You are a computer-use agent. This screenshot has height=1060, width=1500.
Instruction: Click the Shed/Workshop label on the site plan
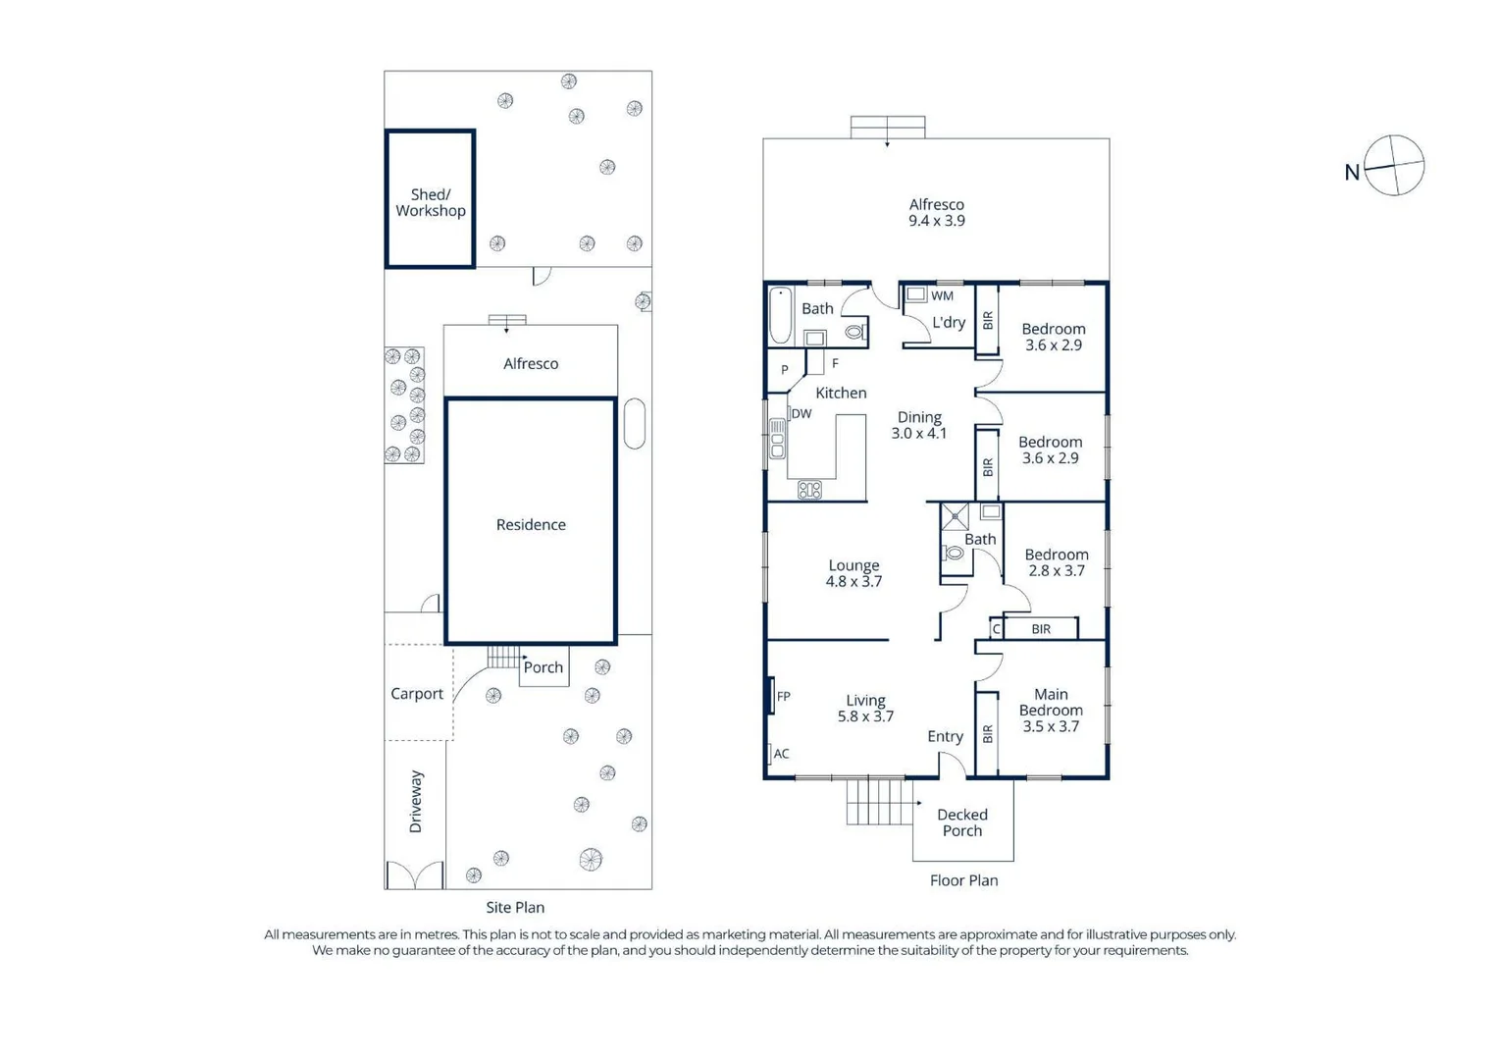pyautogui.click(x=430, y=203)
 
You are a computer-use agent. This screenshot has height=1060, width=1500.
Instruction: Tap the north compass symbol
pyautogui.click(x=1393, y=166)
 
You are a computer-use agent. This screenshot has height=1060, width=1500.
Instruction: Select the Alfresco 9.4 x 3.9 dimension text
pyautogui.click(x=936, y=221)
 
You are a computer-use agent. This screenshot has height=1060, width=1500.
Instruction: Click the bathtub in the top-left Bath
pyautogui.click(x=780, y=314)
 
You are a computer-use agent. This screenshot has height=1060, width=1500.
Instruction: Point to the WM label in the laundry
pyautogui.click(x=942, y=295)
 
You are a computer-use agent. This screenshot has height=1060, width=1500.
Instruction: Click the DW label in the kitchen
pyautogui.click(x=802, y=414)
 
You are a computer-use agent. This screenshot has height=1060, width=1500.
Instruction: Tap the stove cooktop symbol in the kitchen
pyautogui.click(x=809, y=489)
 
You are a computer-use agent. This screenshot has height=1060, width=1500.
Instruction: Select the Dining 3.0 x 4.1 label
pyautogui.click(x=919, y=425)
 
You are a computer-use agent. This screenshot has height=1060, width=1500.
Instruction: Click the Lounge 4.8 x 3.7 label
pyautogui.click(x=853, y=573)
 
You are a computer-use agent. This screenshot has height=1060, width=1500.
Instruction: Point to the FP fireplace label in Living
pyautogui.click(x=784, y=697)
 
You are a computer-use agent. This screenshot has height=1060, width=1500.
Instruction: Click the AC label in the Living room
pyautogui.click(x=781, y=754)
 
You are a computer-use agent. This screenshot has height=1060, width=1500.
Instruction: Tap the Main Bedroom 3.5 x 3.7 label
pyautogui.click(x=1051, y=710)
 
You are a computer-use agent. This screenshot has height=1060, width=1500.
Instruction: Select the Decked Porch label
pyautogui.click(x=961, y=822)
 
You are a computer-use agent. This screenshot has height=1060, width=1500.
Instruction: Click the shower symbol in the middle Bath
pyautogui.click(x=955, y=516)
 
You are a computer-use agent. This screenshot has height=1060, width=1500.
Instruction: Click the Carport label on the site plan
pyautogui.click(x=417, y=694)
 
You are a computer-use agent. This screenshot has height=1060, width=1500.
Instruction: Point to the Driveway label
pyautogui.click(x=416, y=802)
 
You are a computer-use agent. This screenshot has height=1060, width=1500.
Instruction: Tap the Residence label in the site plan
pyautogui.click(x=531, y=525)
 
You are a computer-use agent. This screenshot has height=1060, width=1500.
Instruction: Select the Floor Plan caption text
pyautogui.click(x=963, y=880)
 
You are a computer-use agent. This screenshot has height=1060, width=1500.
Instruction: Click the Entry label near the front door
pyautogui.click(x=945, y=736)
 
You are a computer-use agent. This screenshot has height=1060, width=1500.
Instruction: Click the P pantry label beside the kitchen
pyautogui.click(x=785, y=370)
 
